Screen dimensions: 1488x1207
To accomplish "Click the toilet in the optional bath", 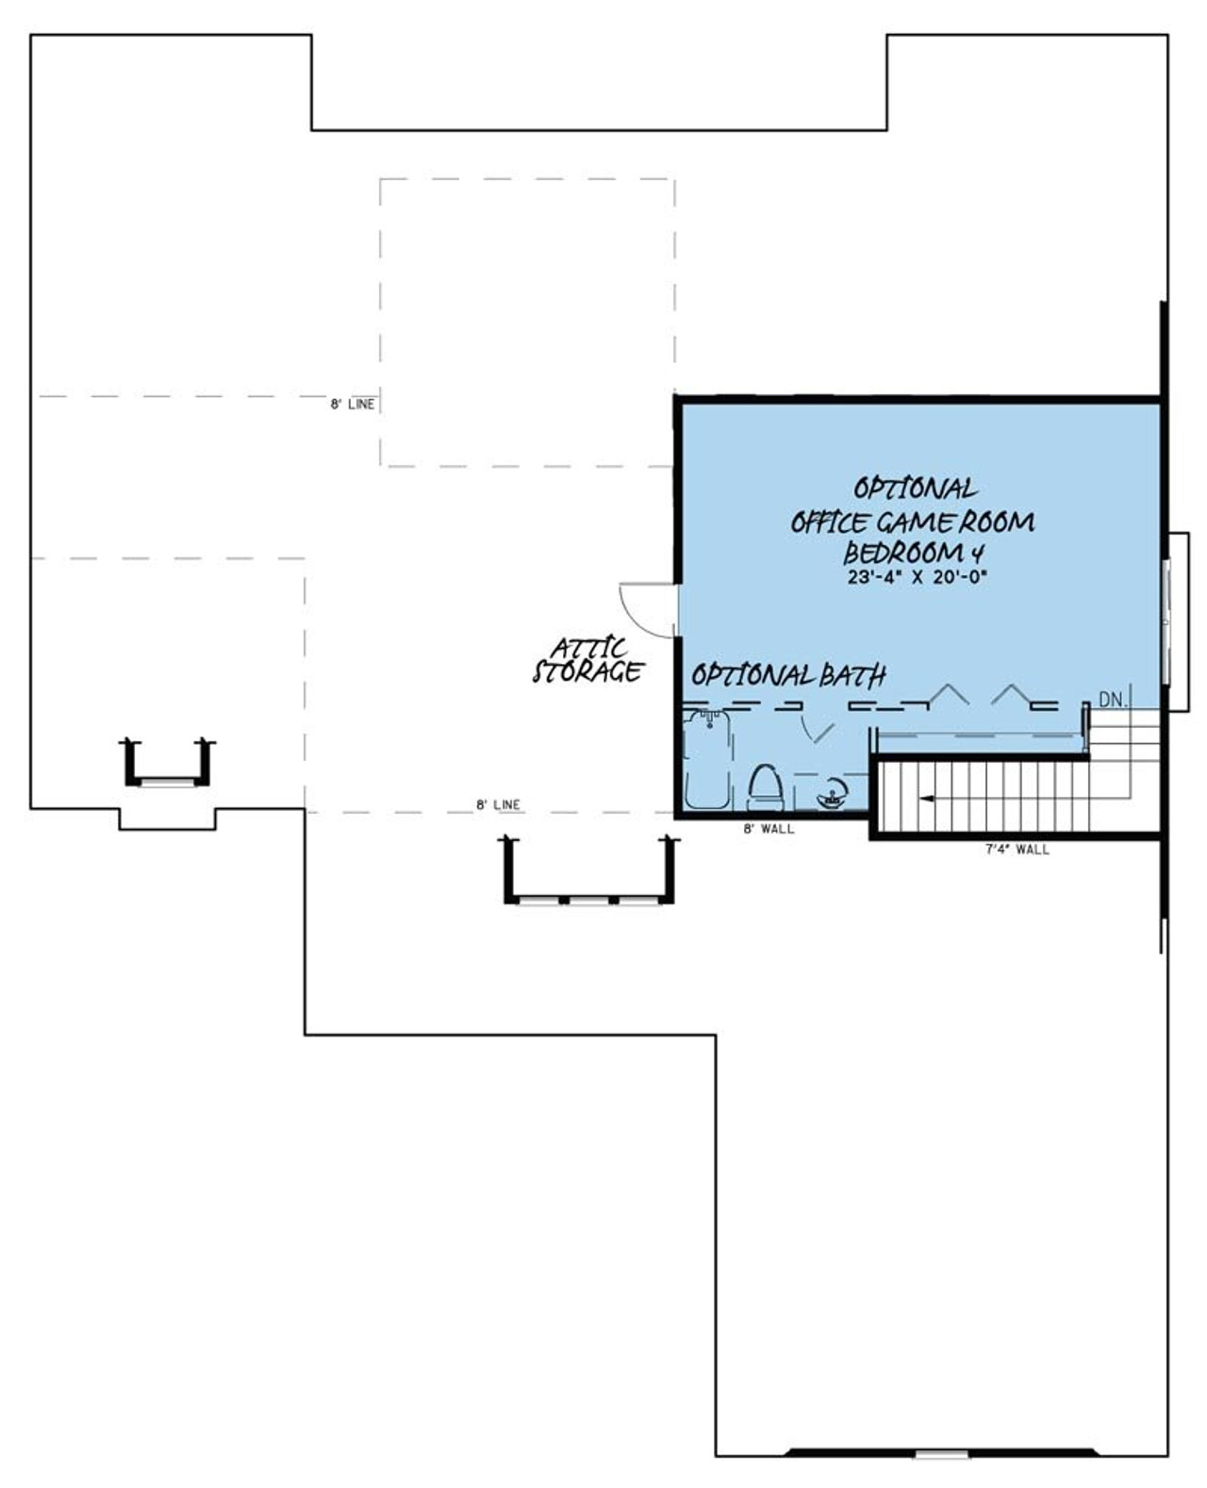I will pyautogui.click(x=767, y=787).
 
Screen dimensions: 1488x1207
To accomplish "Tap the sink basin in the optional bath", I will pyautogui.click(x=831, y=795).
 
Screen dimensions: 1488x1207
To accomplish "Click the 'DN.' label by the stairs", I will pyautogui.click(x=1113, y=701).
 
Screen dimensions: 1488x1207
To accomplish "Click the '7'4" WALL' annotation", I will pyautogui.click(x=1017, y=850).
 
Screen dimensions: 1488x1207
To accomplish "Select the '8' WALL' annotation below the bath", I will pyautogui.click(x=769, y=829).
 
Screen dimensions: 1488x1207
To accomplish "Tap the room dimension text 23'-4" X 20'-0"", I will pyautogui.click(x=916, y=576).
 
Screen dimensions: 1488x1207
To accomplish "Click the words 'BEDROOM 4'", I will pyautogui.click(x=913, y=553).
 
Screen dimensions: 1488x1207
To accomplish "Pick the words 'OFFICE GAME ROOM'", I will pyautogui.click(x=912, y=521).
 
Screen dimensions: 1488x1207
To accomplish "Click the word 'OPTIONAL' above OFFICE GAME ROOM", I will pyautogui.click(x=915, y=488).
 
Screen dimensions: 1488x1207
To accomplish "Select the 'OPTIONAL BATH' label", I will pyautogui.click(x=788, y=675).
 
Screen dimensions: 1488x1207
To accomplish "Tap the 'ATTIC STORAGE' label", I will pyautogui.click(x=588, y=661).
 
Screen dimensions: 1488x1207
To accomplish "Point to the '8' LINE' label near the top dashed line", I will pyautogui.click(x=353, y=405).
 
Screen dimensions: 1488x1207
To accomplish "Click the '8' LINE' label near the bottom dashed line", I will pyautogui.click(x=498, y=804).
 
